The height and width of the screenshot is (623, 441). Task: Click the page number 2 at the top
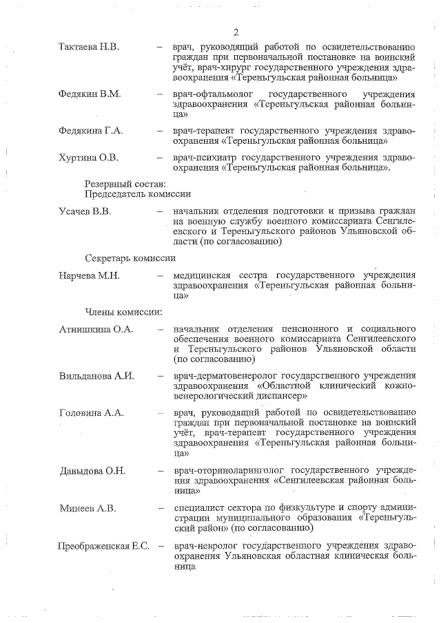tap(236, 32)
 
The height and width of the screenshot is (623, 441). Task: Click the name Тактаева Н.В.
tap(89, 47)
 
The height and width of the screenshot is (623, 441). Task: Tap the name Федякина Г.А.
tap(90, 130)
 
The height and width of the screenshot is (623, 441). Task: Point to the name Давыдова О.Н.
tap(92, 471)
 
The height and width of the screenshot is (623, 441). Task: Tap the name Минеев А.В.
tap(87, 508)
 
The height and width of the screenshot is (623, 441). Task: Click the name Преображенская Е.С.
tap(103, 547)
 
